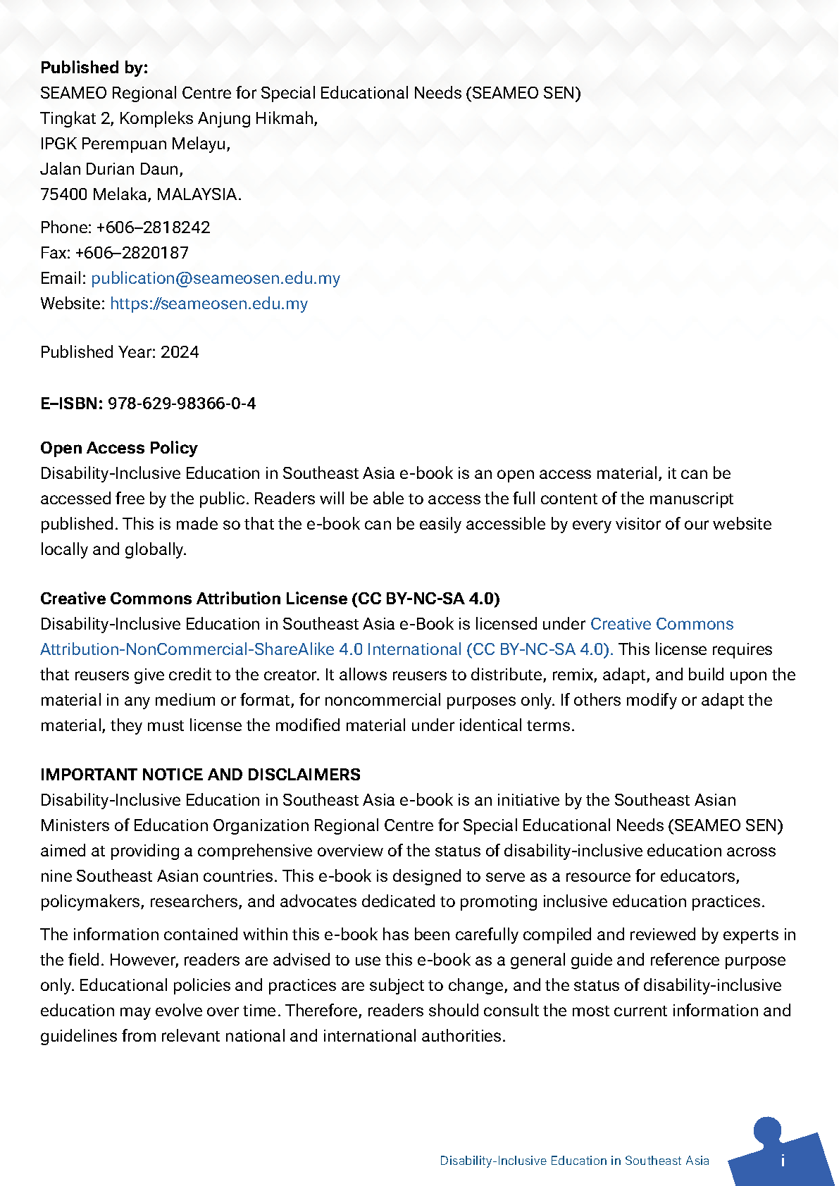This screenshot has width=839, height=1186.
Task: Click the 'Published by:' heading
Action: click(94, 68)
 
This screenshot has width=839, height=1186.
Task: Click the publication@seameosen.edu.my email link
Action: click(215, 278)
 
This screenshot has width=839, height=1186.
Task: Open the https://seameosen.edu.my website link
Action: click(209, 304)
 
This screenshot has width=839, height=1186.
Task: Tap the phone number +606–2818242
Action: click(153, 227)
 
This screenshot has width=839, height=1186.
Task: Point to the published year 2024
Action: click(180, 352)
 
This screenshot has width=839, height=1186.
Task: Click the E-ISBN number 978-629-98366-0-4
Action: click(181, 404)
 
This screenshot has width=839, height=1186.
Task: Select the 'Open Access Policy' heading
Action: click(118, 448)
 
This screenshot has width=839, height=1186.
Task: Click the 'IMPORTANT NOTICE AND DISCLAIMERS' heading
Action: click(200, 775)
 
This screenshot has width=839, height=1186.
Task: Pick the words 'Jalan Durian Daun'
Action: click(111, 169)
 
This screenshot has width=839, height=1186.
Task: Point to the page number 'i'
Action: click(783, 1161)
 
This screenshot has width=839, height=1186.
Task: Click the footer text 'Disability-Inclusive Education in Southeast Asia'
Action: click(574, 1161)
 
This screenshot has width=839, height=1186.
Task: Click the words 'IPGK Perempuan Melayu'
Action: click(134, 144)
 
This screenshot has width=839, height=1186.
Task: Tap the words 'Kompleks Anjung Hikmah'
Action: click(217, 118)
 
